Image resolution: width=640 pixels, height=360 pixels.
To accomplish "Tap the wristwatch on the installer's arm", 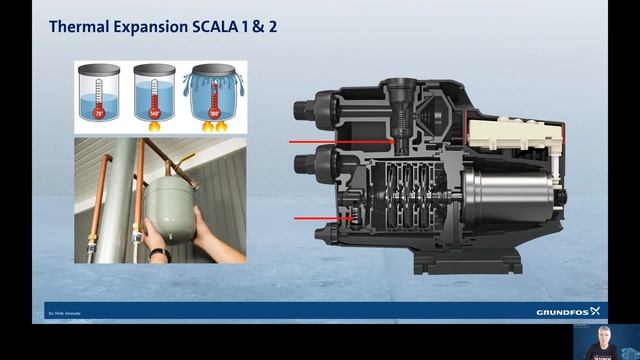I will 159,254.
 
